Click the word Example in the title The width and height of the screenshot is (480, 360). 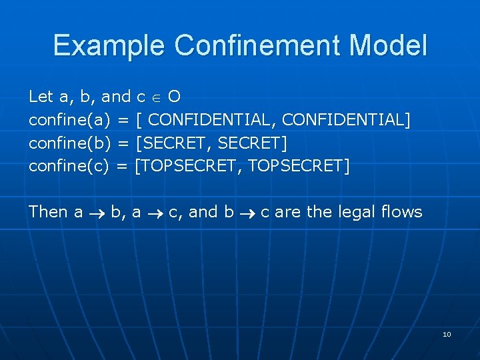pos(108,46)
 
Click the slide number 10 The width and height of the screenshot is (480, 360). pos(447,334)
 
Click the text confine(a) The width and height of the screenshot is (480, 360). pos(70,120)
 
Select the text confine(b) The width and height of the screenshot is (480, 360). pos(70,143)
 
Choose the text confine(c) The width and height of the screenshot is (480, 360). pos(69,165)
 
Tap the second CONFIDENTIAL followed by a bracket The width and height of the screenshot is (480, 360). pos(345,120)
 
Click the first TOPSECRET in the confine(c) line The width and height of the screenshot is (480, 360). pos(188,165)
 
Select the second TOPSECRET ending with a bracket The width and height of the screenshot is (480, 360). pos(297,165)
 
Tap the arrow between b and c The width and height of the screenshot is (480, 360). pos(247,213)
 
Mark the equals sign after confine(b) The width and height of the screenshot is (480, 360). pos(123,143)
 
